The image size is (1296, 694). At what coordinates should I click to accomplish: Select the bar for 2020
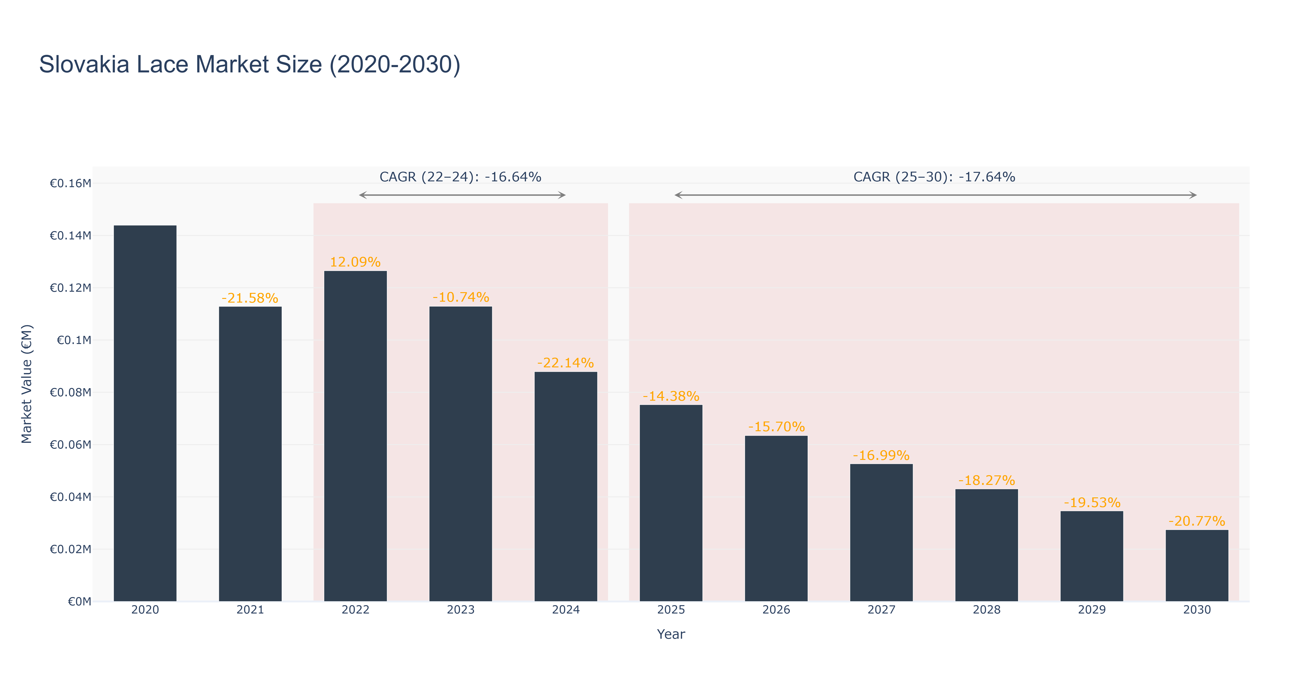coord(145,413)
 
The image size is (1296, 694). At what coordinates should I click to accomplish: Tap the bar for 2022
coord(355,436)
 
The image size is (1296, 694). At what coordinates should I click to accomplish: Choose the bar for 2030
coord(1197,566)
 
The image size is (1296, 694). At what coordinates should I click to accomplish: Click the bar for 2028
coord(987,545)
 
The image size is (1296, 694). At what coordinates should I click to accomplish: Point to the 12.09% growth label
coord(355,262)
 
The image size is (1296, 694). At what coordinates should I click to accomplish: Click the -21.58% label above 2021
coord(250,298)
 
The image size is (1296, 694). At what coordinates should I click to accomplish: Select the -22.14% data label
coord(565,363)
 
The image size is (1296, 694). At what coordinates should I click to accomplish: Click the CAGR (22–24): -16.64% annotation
coord(460,177)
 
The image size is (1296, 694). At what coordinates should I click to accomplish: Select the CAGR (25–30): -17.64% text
coord(934,177)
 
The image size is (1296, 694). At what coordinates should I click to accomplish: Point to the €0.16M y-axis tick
coord(70,183)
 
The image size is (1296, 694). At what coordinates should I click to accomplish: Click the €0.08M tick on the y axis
coord(70,392)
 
